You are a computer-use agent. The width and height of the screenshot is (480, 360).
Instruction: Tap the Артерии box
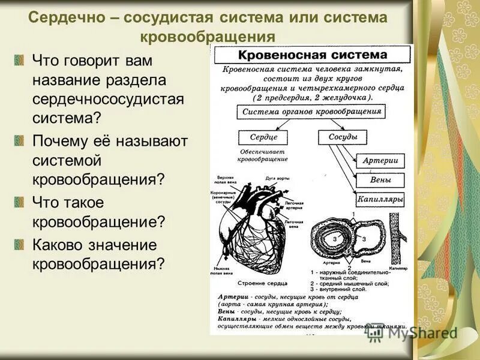pos(380,161)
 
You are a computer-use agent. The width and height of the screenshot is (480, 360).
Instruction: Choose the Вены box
pos(380,180)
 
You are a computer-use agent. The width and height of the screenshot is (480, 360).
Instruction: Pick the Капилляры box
pos(380,199)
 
